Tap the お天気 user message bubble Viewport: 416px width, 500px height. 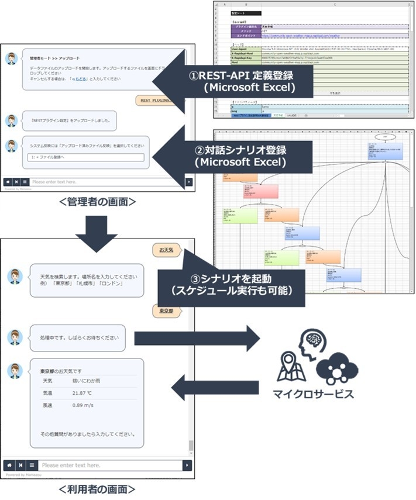(x=166, y=250)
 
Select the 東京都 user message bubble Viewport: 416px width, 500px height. (x=166, y=311)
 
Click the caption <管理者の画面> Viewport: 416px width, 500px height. (x=98, y=202)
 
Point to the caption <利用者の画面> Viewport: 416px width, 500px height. (x=98, y=488)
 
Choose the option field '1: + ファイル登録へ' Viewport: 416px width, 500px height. (x=85, y=157)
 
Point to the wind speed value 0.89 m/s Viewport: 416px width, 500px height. (x=82, y=405)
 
